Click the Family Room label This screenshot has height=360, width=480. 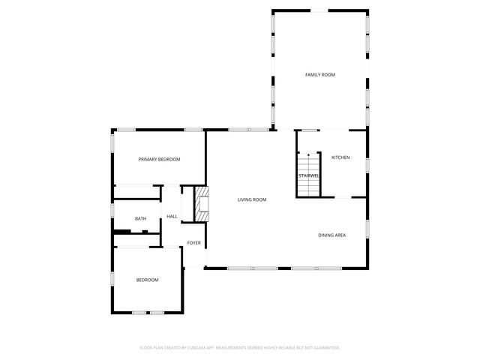[319, 75]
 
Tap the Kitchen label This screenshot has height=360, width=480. [340, 157]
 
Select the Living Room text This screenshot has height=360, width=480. [252, 199]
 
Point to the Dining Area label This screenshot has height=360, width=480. [331, 235]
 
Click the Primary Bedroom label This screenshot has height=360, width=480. [159, 160]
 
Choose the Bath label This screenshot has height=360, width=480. [140, 219]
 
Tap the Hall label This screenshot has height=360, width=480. [172, 217]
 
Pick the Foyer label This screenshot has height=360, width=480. [193, 243]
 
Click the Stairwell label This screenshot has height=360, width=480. [309, 175]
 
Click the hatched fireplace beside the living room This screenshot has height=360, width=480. [201, 203]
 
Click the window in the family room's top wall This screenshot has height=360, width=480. [319, 10]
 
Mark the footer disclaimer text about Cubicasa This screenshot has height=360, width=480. [240, 348]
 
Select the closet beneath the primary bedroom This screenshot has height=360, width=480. [137, 192]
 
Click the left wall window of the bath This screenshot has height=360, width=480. [112, 217]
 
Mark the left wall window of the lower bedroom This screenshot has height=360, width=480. [112, 278]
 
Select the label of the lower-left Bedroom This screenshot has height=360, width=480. [147, 280]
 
